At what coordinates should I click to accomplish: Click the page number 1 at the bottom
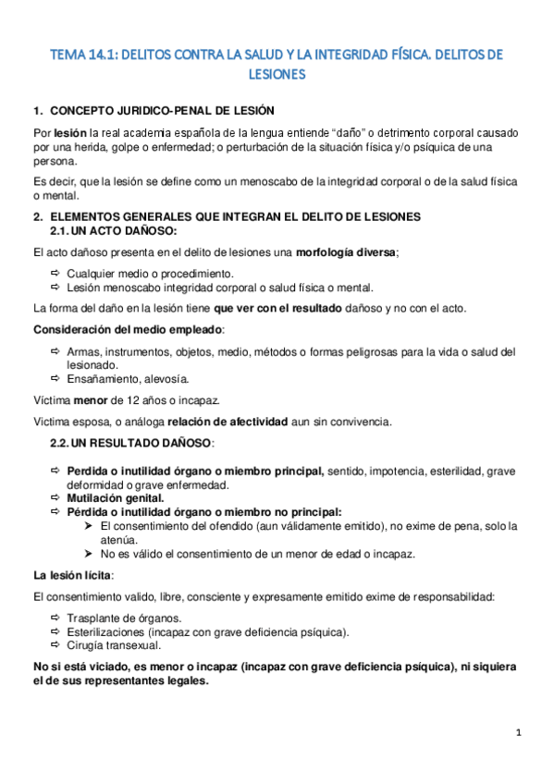point(520,733)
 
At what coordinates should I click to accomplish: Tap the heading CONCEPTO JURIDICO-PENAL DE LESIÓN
point(161,112)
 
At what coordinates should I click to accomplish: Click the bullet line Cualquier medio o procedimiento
point(150,274)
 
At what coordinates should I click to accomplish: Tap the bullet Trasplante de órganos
point(124,618)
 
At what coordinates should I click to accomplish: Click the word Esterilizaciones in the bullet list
point(106,631)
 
